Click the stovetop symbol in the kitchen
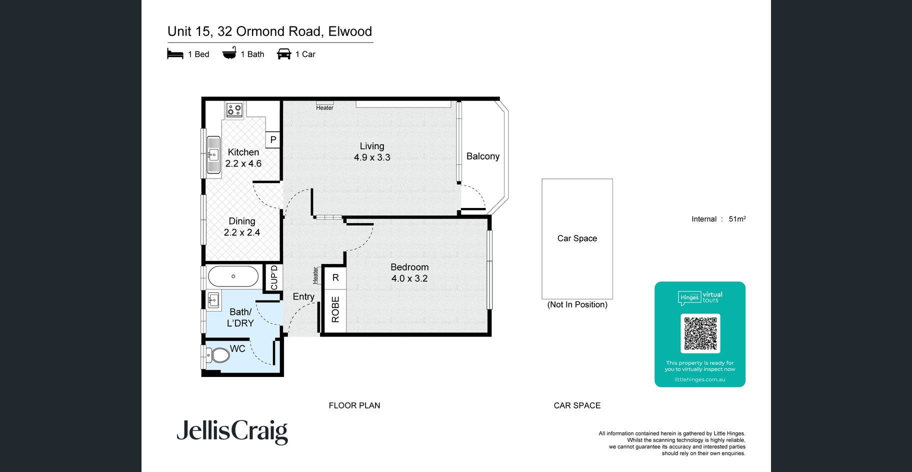(x=234, y=109)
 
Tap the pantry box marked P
(x=273, y=139)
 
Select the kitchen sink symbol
(x=213, y=155)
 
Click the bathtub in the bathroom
(x=233, y=276)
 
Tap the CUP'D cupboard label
(x=274, y=277)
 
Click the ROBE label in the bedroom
(x=335, y=309)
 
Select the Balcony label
(x=483, y=156)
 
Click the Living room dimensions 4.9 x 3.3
(x=372, y=157)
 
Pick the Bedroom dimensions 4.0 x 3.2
(x=409, y=278)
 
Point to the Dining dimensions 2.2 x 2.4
(x=242, y=232)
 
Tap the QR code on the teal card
(x=700, y=333)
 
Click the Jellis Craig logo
(x=232, y=432)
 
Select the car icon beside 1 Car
(x=284, y=54)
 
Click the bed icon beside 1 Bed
(x=175, y=54)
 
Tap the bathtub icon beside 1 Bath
(x=229, y=53)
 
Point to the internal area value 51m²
(x=737, y=218)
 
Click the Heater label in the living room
(x=324, y=108)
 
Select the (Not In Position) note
(x=577, y=304)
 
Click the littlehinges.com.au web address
(x=700, y=379)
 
